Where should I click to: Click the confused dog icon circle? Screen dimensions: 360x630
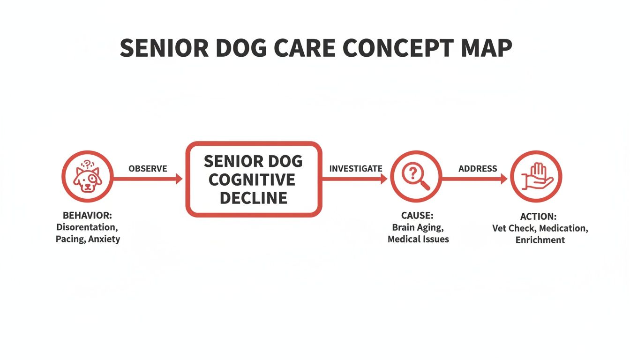click(87, 177)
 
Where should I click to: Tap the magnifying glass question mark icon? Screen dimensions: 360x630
click(415, 177)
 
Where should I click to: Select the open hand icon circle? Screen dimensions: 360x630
click(535, 177)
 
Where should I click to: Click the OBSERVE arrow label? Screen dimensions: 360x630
click(148, 169)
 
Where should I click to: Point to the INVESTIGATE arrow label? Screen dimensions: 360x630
click(356, 169)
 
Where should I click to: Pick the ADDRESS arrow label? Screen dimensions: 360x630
click(478, 169)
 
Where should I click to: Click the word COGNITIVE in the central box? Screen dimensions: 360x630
click(252, 180)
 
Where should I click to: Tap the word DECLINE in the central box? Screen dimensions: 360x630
click(253, 198)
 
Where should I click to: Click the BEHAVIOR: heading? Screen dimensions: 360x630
click(88, 216)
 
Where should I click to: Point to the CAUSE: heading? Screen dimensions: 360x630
click(417, 216)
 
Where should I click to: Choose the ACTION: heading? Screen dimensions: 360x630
click(538, 217)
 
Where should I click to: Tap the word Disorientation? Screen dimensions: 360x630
click(87, 227)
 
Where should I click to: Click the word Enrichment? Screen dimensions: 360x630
click(540, 240)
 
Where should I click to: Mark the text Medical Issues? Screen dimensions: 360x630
click(418, 240)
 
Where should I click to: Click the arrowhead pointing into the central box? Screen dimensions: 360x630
click(179, 179)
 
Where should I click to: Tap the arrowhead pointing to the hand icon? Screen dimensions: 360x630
click(503, 179)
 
